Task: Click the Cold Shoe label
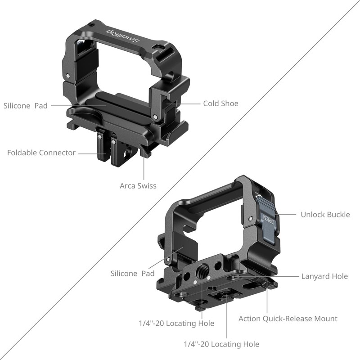coord(220,103)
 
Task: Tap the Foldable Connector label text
coord(41,153)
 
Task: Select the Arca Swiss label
coord(138,185)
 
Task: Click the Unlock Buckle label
coord(325,214)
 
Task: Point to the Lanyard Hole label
coord(324,276)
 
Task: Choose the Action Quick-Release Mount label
coord(288,319)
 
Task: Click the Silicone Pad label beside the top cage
coord(26,106)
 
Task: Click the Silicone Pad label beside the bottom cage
coord(133,273)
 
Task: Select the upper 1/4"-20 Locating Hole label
coord(176,323)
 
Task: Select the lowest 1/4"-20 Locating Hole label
coord(221,344)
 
